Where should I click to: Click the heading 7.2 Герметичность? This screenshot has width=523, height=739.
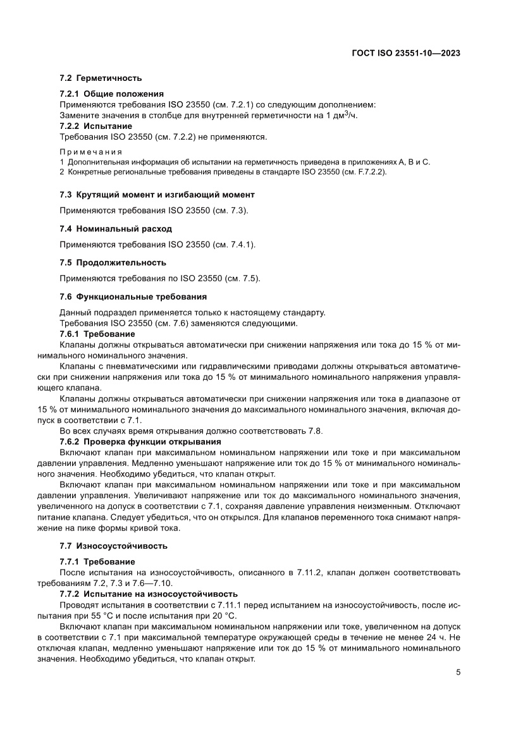101,78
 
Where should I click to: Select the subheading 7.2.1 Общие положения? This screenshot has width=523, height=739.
111,94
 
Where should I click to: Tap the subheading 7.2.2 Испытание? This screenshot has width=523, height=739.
96,126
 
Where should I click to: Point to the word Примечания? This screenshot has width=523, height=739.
90,152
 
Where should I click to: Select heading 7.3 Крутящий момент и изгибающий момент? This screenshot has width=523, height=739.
157,194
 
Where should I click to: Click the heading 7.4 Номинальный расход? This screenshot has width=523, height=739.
116,228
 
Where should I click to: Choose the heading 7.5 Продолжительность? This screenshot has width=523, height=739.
113,262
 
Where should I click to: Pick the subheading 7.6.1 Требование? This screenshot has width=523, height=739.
97,334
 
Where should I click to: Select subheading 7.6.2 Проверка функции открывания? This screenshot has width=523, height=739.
140,442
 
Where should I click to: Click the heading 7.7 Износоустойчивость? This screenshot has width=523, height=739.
113,545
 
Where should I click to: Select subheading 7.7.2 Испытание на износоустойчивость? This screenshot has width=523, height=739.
149,594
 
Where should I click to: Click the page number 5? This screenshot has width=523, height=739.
458,673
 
